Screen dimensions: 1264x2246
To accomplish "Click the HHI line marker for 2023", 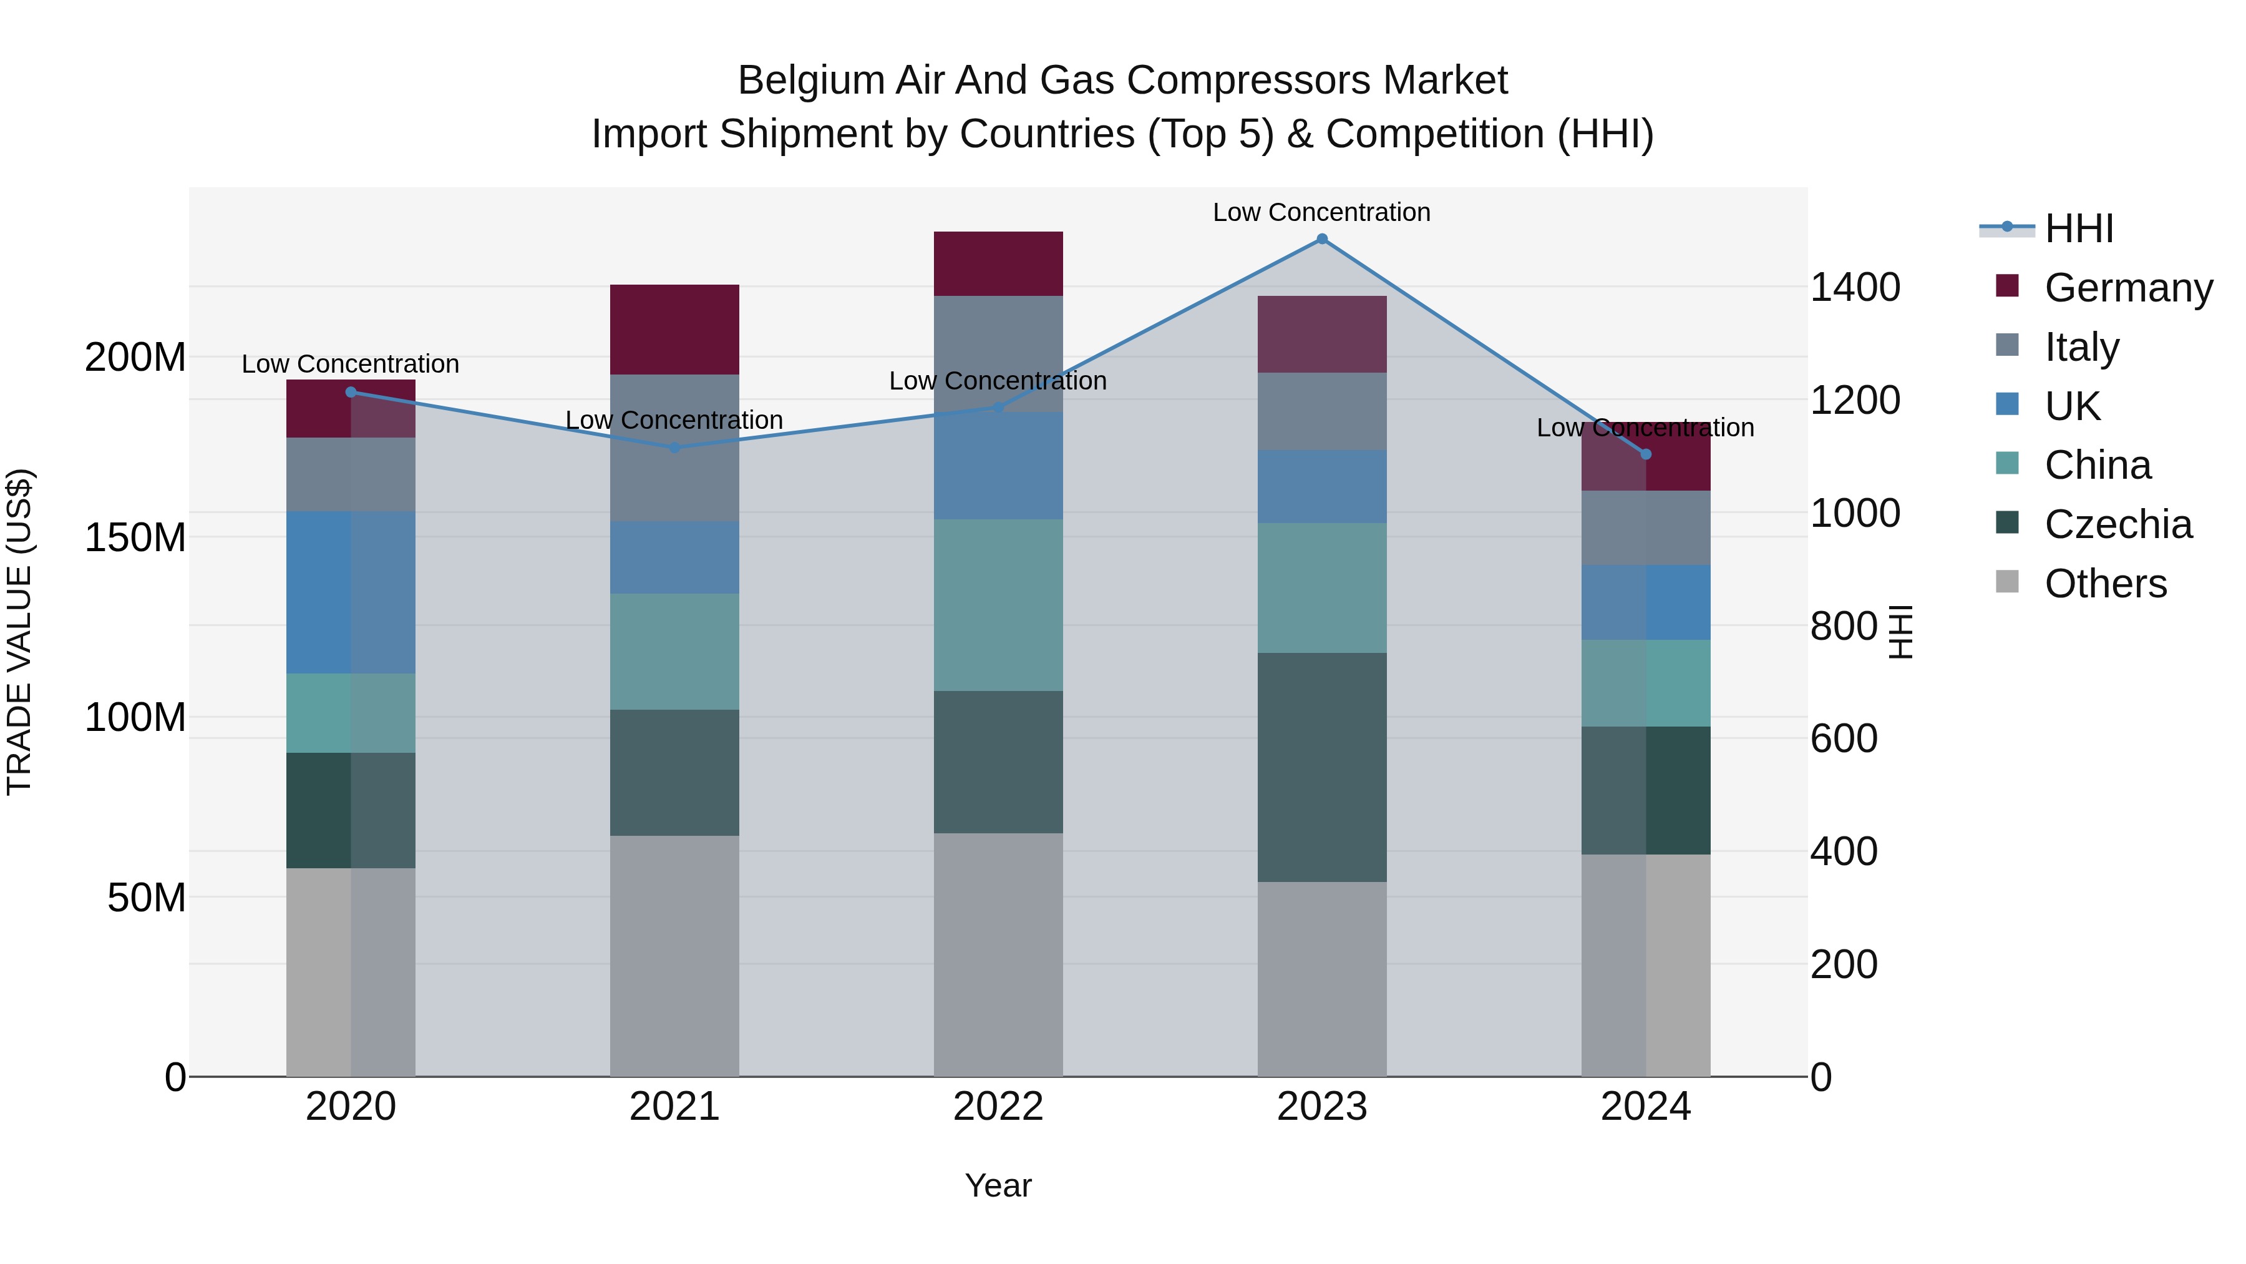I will click(x=1322, y=239).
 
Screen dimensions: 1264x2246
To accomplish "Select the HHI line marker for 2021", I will click(x=674, y=448).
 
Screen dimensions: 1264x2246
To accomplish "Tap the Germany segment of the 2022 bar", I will click(x=998, y=263).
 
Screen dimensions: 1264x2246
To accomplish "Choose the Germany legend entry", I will click(x=2128, y=287).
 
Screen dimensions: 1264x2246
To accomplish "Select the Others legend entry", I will click(x=2105, y=584).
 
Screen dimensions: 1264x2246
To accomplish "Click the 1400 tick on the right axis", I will click(x=1855, y=287).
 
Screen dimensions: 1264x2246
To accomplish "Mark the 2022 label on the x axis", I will click(x=998, y=1107).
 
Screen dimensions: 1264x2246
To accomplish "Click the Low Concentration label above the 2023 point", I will click(x=1322, y=212).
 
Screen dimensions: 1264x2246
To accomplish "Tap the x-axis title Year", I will click(x=998, y=1185).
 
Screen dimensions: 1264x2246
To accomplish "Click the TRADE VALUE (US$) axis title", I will click(x=19, y=632).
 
